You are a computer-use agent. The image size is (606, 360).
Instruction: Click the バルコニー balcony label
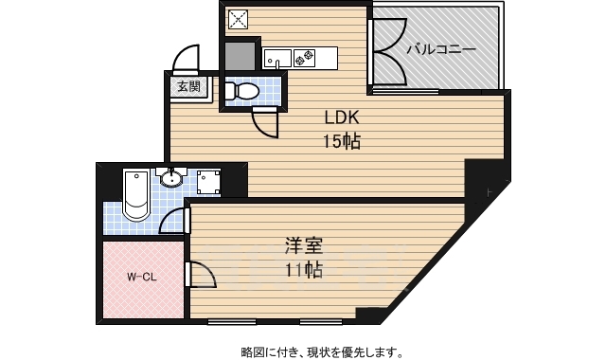[441, 48]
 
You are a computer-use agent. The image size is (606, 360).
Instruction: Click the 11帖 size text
[304, 270]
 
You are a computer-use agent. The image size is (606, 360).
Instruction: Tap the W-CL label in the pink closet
[142, 278]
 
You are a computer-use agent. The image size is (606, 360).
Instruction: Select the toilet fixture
[243, 92]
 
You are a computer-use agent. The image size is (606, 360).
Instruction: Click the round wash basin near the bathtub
[172, 178]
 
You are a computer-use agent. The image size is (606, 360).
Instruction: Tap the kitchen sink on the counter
[278, 59]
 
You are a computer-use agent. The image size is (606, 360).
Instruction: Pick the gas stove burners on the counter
[305, 59]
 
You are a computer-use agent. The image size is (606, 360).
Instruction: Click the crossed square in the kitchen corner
[238, 19]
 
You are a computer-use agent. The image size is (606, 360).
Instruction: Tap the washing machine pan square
[208, 182]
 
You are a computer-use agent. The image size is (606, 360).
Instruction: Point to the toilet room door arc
[265, 124]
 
